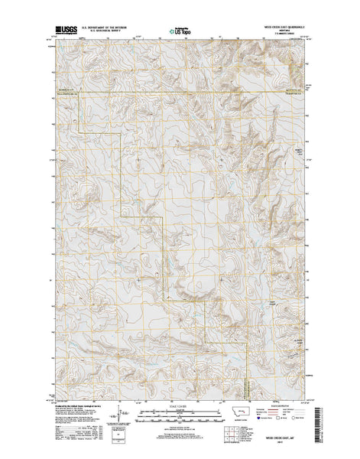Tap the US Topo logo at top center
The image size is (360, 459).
coord(181,32)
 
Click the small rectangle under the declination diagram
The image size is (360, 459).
coord(117,433)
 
